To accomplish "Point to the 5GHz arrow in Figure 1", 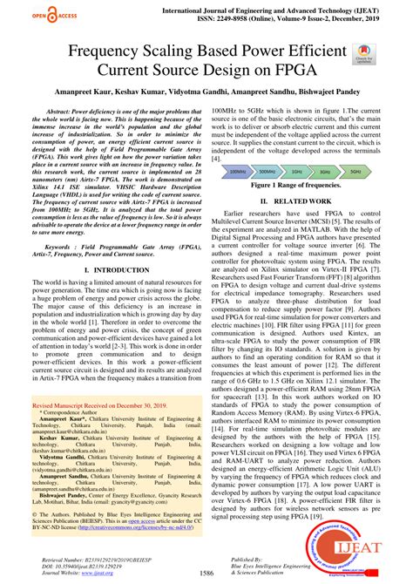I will coord(355,172).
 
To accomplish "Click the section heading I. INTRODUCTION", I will coord(115,270).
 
